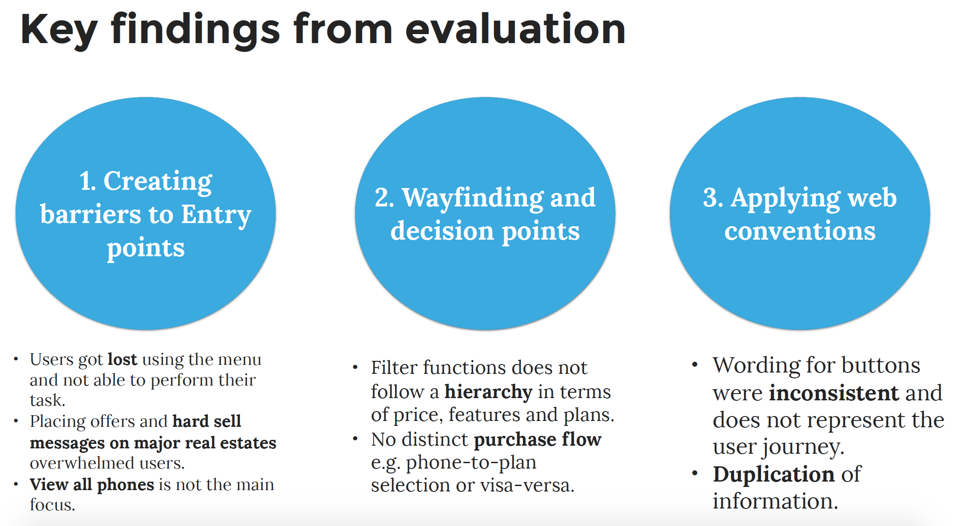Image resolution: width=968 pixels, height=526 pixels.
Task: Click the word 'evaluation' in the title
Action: [515, 29]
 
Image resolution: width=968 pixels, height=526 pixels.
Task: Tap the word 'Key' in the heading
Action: [58, 31]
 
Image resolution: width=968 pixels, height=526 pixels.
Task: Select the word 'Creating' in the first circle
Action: [158, 182]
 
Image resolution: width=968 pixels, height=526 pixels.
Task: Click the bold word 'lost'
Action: [123, 359]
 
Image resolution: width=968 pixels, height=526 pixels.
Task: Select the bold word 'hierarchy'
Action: [488, 392]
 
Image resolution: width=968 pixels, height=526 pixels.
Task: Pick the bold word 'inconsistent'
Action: [834, 393]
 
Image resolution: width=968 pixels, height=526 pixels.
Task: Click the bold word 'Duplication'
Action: [774, 474]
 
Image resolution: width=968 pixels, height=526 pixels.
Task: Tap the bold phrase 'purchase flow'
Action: [537, 440]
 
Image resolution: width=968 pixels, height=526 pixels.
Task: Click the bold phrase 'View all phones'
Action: [92, 485]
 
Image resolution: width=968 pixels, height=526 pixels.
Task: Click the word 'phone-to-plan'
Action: [471, 463]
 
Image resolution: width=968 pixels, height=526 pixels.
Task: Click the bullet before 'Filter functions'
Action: [355, 368]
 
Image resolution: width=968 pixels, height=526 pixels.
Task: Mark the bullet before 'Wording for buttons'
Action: [695, 364]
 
